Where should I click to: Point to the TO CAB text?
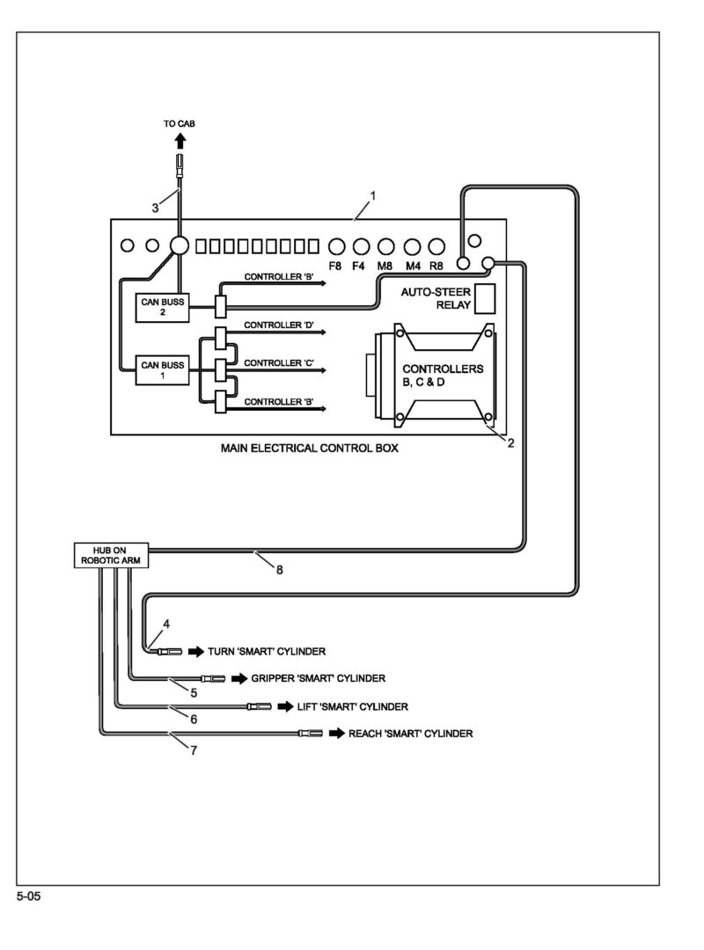[179, 124]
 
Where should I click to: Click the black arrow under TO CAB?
[180, 139]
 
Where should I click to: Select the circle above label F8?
[335, 245]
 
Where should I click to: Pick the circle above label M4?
[411, 245]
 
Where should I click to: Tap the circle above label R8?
[436, 245]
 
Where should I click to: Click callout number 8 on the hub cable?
[279, 569]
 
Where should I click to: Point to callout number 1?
[373, 195]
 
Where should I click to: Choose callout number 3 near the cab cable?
[155, 208]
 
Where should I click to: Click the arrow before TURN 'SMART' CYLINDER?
[194, 652]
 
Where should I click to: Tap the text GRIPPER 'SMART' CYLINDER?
[318, 678]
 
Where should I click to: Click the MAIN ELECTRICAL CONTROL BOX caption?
[309, 448]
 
